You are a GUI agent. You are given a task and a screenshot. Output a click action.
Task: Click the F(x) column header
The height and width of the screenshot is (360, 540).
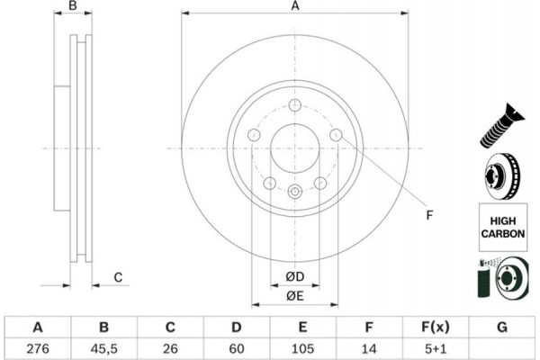coord(436,326)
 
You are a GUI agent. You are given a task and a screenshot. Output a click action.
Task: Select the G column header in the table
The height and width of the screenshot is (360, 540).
coord(502,326)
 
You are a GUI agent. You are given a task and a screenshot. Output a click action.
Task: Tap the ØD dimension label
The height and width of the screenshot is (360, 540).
coord(294,275)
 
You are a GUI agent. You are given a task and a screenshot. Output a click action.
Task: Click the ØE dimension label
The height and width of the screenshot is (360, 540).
coord(294,296)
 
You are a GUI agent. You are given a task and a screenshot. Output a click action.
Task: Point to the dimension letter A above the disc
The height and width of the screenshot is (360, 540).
coord(294,7)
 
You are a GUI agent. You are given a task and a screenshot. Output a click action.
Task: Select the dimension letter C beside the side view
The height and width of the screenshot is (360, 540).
coord(118,277)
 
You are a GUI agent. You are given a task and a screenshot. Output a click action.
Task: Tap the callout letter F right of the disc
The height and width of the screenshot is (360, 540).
coord(429,216)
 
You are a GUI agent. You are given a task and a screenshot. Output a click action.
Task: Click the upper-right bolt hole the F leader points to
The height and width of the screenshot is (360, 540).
coord(336,135)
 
